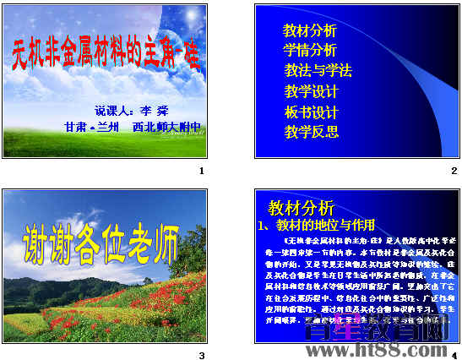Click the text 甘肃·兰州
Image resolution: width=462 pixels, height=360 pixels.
93,128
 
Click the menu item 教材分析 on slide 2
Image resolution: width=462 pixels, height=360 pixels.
309,31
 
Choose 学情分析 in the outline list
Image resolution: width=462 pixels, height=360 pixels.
309,51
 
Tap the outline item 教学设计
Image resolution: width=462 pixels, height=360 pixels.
309,91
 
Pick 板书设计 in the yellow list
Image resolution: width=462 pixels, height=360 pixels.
309,112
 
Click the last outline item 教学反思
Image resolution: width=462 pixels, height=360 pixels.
309,131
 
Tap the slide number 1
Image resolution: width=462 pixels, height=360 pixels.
200,172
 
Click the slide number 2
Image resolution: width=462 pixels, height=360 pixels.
453,172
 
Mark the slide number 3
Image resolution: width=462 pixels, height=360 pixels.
200,355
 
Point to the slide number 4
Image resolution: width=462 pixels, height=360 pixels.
453,355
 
